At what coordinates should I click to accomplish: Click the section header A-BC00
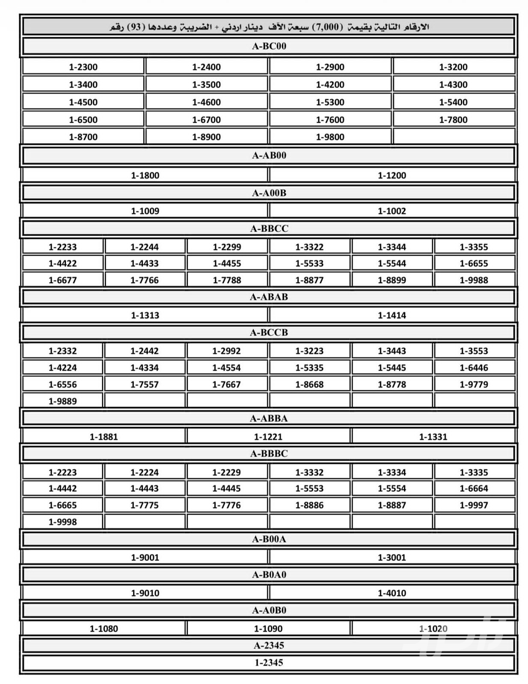269,46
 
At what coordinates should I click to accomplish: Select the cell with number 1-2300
83,67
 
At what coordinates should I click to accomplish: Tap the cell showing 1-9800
330,137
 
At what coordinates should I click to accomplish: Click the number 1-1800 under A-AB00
145,175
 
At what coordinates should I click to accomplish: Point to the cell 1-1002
392,211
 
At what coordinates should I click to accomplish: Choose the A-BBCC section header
269,229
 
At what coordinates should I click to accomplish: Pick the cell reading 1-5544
392,263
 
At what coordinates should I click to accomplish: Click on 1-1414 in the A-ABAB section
392,315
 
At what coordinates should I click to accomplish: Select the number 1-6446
474,368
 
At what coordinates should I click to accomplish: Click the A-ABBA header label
269,419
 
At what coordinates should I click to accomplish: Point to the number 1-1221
268,437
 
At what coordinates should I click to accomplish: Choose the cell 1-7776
227,505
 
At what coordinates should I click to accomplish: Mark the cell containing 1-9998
63,522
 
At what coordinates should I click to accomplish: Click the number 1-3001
392,557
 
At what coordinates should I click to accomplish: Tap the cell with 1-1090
268,629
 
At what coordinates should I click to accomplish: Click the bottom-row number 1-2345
269,663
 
